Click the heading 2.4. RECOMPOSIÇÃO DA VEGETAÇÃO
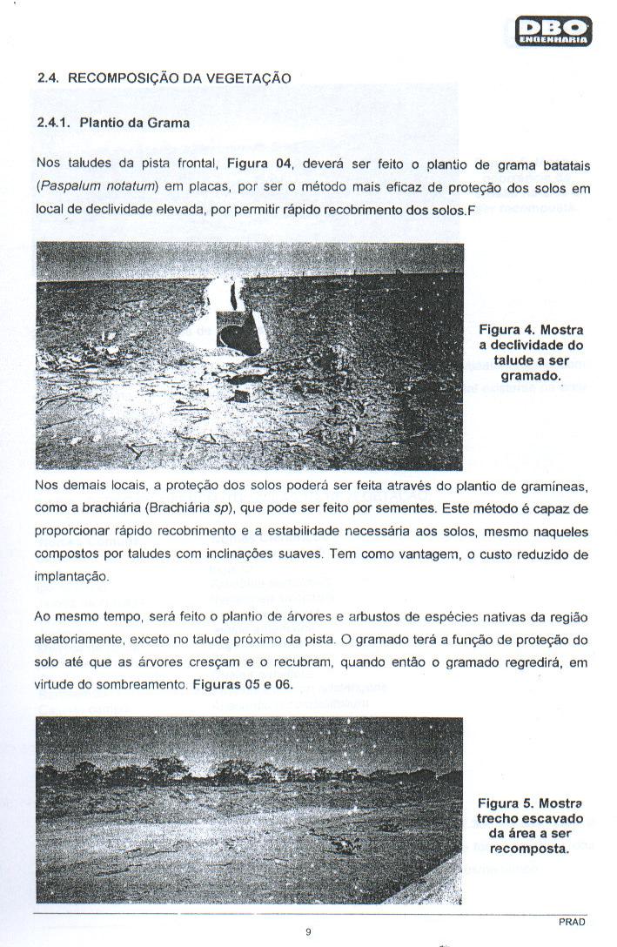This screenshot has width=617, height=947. tap(164, 77)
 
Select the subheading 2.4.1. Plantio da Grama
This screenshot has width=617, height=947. tap(114, 123)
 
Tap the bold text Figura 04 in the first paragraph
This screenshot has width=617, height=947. tap(258, 164)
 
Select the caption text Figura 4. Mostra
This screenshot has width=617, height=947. tap(531, 330)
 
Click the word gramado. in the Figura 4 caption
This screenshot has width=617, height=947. tap(531, 376)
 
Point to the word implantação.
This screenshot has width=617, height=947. tap(72, 576)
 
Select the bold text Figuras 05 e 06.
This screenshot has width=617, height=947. tap(246, 685)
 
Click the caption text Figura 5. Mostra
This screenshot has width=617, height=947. tap(530, 802)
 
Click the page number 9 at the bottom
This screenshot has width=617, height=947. tap(308, 933)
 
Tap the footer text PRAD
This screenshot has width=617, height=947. tap(573, 922)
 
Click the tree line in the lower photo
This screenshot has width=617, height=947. tap(252, 771)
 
